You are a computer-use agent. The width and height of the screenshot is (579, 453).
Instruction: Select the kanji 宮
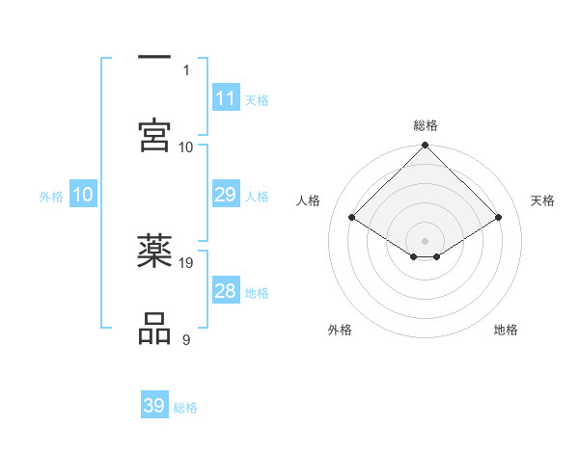tap(154, 135)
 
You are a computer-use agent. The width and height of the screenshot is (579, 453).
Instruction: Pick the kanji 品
tap(154, 328)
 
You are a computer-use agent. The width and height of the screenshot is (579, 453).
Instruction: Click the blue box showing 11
tap(226, 98)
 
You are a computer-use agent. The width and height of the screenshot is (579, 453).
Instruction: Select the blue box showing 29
tap(226, 195)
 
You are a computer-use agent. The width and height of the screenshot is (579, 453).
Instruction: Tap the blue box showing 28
tap(226, 291)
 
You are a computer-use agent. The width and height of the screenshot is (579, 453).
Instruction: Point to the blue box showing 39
tap(154, 406)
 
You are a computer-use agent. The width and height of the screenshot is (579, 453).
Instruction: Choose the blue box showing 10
tap(83, 195)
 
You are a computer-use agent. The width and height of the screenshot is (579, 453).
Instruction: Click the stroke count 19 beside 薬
tap(187, 262)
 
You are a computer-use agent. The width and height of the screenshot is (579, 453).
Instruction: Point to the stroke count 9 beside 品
tap(185, 339)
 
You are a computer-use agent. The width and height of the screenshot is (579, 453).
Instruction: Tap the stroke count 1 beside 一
tap(185, 69)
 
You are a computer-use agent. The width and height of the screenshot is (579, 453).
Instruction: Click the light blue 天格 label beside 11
tap(257, 100)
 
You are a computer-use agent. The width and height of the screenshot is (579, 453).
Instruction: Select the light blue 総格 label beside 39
tap(185, 408)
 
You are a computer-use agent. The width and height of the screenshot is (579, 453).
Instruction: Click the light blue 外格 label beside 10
tap(51, 197)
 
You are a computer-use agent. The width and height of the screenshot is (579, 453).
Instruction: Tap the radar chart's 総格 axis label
tap(426, 125)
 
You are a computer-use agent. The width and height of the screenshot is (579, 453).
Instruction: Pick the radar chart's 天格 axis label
tap(542, 200)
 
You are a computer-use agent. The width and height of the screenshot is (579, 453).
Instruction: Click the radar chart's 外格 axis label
tap(340, 330)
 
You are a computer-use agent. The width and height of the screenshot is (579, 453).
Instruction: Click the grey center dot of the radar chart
tap(426, 240)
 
